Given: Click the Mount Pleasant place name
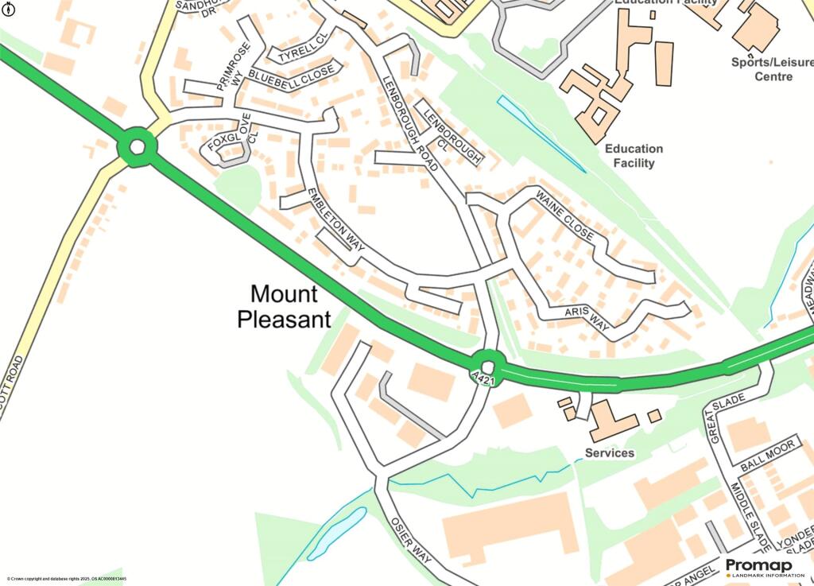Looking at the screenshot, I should pos(284,307).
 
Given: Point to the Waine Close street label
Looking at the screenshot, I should pos(564,215).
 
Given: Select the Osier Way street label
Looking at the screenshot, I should pos(410,541).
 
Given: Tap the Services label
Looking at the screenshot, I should pos(610,453).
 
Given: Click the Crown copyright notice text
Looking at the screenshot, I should pos(67,579).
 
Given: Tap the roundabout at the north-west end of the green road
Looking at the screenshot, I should pos(137,147).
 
